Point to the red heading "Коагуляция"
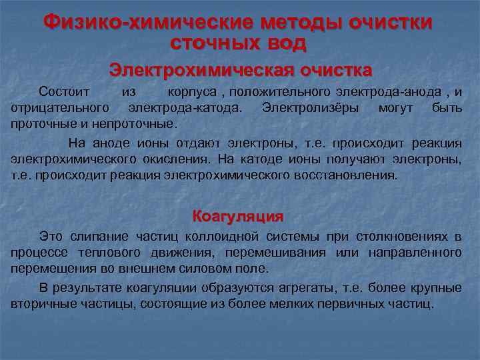[x=238, y=216]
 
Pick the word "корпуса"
[x=193, y=91]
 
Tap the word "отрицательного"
[x=60, y=107]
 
